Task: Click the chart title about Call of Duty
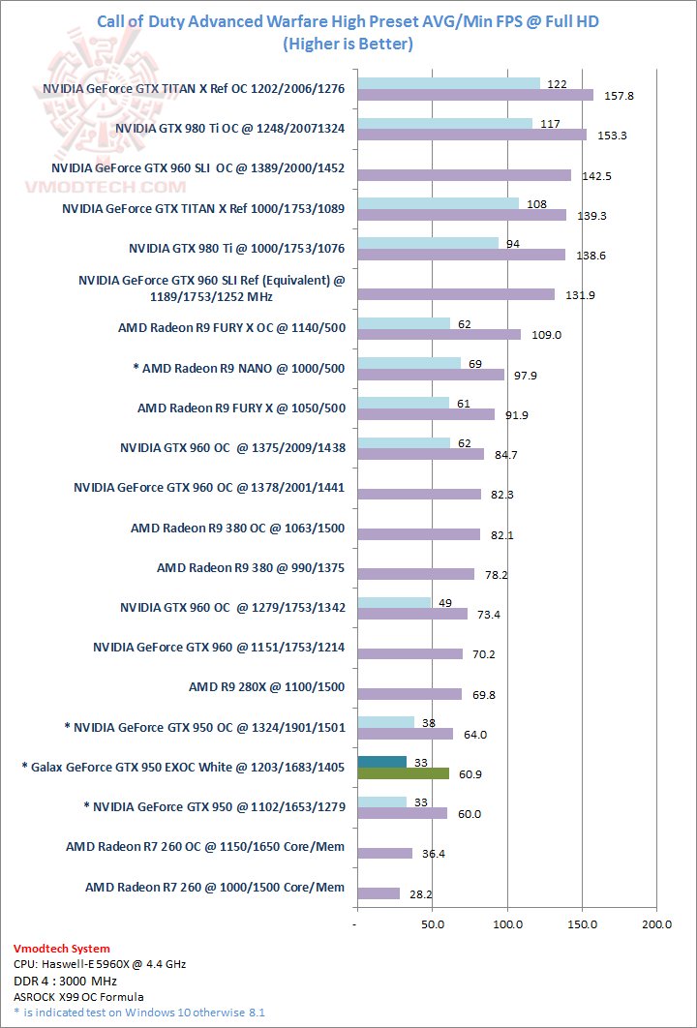click(348, 21)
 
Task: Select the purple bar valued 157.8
click(475, 95)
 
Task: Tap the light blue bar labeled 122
click(448, 83)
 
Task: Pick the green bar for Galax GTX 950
click(404, 773)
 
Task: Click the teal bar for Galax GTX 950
click(382, 762)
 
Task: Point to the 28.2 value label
click(422, 893)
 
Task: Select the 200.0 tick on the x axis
click(656, 925)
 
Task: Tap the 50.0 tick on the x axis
click(433, 925)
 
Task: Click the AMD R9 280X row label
click(266, 688)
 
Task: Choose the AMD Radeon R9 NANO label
click(239, 368)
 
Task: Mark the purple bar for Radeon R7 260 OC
click(385, 853)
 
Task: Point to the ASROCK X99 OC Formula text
click(78, 996)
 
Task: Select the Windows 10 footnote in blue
click(139, 1012)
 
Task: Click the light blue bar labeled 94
click(428, 243)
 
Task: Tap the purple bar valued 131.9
click(456, 294)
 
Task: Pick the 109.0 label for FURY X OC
click(545, 335)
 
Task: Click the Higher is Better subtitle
click(348, 44)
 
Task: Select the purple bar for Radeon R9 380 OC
click(419, 534)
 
